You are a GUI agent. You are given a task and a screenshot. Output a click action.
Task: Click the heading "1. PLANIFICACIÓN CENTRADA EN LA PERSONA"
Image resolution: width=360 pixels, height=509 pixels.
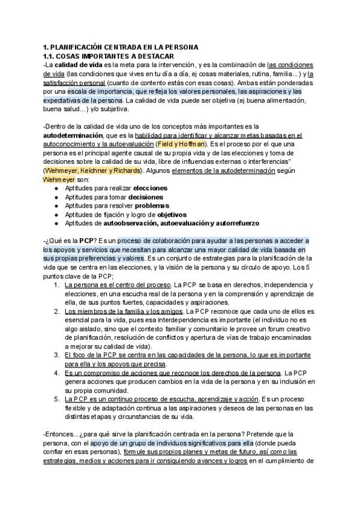pos(121,47)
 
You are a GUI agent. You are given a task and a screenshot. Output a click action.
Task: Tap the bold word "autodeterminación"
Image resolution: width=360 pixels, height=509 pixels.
pos(77,136)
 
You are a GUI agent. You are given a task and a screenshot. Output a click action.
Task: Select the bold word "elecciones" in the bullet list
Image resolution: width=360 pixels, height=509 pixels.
pos(150,188)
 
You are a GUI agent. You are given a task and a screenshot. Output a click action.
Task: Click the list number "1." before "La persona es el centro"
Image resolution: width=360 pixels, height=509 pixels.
pos(57,285)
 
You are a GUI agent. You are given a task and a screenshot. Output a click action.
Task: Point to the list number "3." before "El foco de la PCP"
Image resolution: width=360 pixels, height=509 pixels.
pos(57,355)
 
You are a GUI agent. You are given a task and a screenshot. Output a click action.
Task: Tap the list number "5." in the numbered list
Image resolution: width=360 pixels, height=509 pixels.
pos(57,399)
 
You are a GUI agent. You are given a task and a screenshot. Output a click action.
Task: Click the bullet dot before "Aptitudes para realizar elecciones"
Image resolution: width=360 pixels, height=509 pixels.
pos(56,188)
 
